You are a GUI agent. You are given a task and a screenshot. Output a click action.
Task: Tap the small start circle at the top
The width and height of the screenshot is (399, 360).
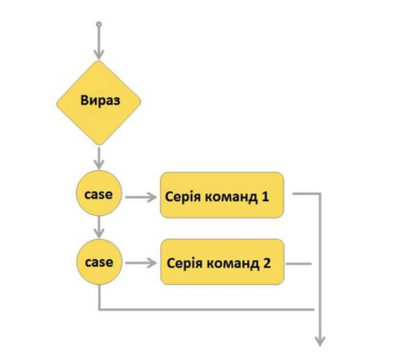(98, 25)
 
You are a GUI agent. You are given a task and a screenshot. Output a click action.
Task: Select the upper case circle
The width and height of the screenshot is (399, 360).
(98, 194)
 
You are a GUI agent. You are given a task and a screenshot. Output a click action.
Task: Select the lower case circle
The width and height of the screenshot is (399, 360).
(98, 262)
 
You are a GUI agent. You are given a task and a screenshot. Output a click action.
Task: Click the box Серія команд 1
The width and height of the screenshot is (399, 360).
(221, 195)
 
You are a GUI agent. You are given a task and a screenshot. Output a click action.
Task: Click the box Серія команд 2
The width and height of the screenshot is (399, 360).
(221, 262)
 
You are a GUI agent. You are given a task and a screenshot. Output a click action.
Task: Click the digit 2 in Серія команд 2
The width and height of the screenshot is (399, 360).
(267, 262)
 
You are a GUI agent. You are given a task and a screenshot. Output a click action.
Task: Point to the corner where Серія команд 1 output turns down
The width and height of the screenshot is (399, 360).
(320, 193)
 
